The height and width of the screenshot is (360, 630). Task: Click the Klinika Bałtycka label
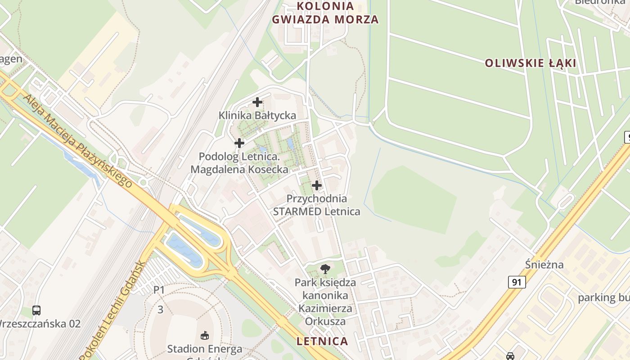click(x=257, y=115)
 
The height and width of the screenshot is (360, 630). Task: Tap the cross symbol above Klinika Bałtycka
click(x=257, y=102)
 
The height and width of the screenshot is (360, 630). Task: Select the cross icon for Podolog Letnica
click(x=239, y=143)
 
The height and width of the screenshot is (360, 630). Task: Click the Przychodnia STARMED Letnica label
click(x=317, y=205)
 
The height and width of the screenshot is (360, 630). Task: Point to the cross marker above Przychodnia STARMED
click(x=317, y=185)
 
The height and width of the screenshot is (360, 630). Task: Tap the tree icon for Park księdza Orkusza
click(x=325, y=269)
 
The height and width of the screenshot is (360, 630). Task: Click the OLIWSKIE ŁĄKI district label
click(x=531, y=63)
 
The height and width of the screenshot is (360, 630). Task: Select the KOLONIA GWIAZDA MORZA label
click(x=325, y=13)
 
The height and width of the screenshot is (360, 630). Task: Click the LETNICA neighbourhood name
click(x=322, y=341)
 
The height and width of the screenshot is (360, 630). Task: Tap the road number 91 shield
click(x=517, y=282)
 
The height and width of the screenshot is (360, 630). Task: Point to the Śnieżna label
click(x=544, y=264)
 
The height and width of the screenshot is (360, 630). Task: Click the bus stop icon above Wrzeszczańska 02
click(x=36, y=310)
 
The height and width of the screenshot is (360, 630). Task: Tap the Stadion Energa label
click(x=205, y=349)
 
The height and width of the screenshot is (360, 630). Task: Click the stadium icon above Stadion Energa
click(x=204, y=335)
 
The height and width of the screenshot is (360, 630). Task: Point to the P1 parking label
click(x=159, y=290)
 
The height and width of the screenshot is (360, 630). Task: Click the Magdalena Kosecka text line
click(x=239, y=170)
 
